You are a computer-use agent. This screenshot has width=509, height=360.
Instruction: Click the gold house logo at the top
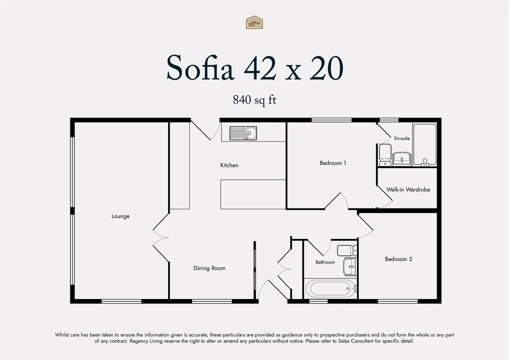click(254, 22)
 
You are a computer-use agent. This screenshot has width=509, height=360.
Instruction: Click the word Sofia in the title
click(200, 68)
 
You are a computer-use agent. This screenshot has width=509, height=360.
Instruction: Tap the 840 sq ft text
click(254, 100)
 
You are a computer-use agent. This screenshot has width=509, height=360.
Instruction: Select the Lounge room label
click(120, 216)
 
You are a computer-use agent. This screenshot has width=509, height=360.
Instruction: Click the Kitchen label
click(229, 165)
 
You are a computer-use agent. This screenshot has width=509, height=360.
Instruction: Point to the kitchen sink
click(243, 133)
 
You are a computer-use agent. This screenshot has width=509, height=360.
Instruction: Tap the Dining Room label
click(209, 268)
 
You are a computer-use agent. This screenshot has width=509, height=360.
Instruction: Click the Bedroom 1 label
click(333, 163)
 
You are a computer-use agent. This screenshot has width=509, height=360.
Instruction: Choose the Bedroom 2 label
click(398, 259)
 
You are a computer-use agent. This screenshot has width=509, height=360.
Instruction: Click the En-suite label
click(402, 138)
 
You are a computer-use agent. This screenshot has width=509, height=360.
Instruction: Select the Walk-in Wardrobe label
click(408, 189)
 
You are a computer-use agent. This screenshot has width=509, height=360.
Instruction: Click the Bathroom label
click(325, 262)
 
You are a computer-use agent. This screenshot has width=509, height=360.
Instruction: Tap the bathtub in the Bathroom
click(331, 288)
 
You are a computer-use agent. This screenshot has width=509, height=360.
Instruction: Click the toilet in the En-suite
click(385, 155)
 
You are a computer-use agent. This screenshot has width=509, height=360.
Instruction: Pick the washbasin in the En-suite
click(402, 158)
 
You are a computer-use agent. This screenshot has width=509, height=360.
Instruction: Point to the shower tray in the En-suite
click(425, 144)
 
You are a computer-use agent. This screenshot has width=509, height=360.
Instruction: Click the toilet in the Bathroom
click(347, 251)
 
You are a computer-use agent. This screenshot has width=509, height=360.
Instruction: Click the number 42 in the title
click(260, 68)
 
